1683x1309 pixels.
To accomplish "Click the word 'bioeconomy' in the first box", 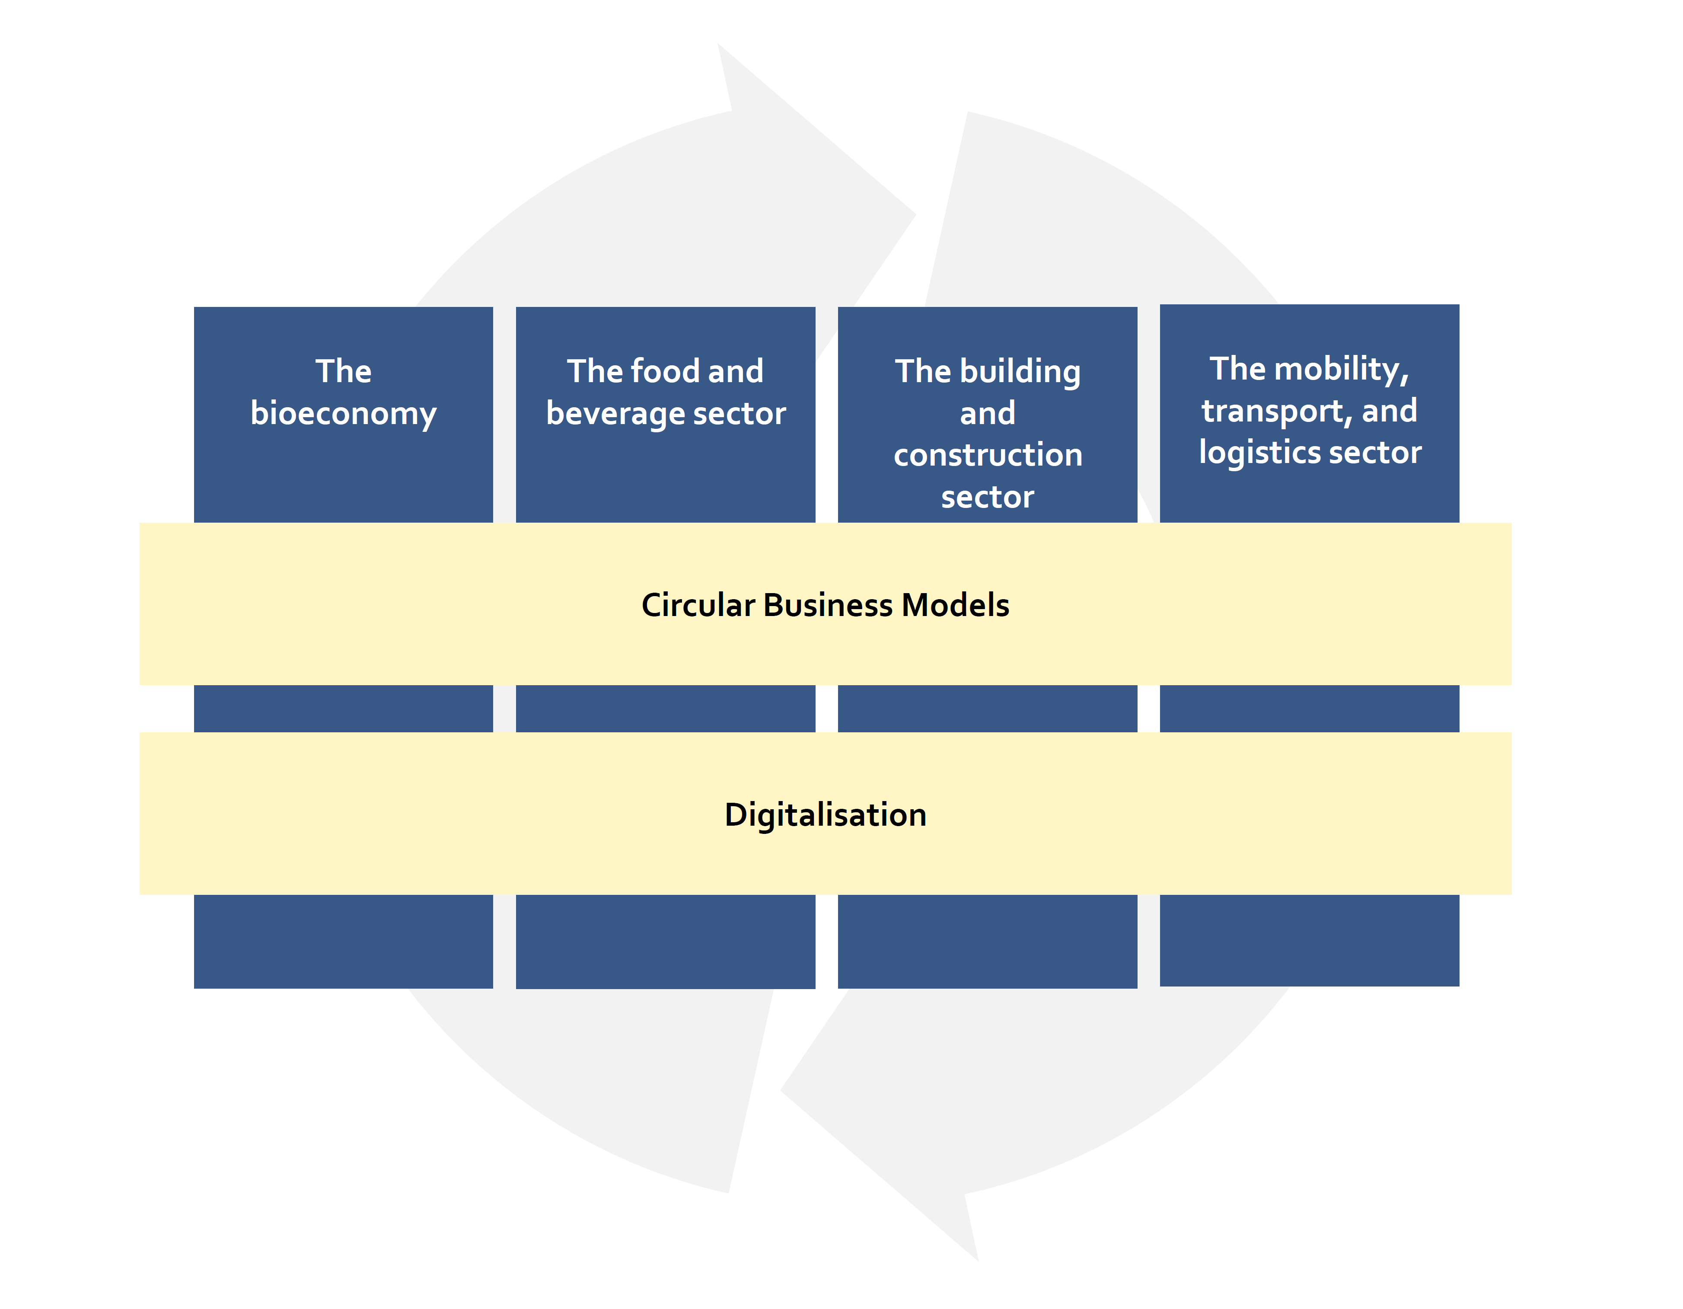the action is [x=344, y=414].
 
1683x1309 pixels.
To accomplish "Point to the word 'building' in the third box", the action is [x=1020, y=372].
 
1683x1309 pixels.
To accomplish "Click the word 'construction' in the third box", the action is [x=988, y=456].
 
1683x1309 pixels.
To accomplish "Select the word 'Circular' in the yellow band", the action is [x=698, y=605].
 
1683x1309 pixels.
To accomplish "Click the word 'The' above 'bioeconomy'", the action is [x=344, y=372].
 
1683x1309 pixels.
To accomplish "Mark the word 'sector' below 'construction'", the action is [x=988, y=497].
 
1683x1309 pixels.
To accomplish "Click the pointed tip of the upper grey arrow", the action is [x=915, y=214].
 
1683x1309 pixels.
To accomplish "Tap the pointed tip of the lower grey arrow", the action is [x=781, y=1090].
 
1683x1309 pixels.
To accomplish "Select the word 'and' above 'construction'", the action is [x=988, y=414].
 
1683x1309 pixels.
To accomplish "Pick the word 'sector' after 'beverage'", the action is [x=740, y=415].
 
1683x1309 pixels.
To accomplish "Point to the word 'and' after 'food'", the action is [x=736, y=372].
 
